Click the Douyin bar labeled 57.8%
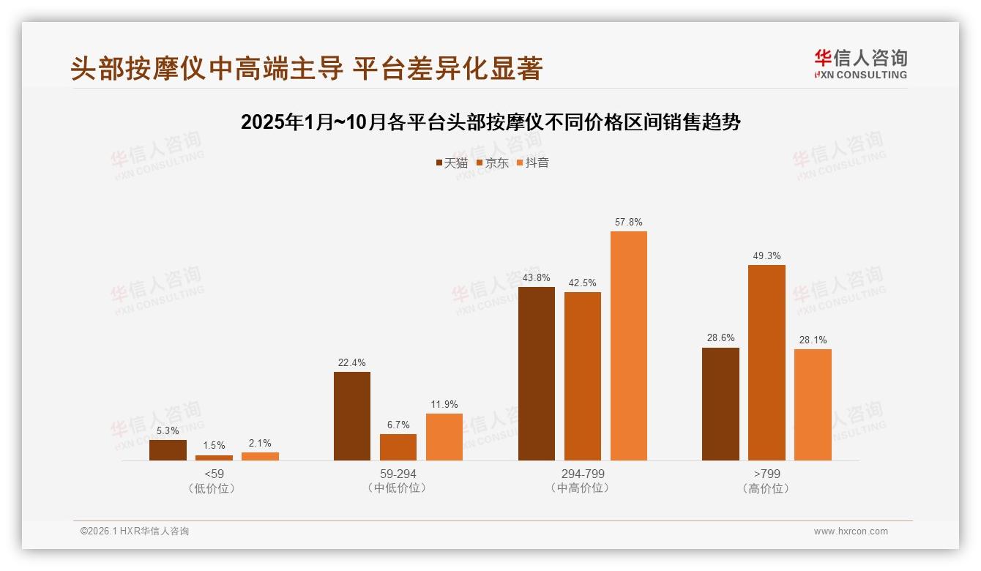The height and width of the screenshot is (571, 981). (629, 346)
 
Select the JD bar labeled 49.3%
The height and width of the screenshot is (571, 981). (766, 362)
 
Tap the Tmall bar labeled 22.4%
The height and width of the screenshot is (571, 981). (352, 416)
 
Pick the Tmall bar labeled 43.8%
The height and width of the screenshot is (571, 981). (537, 373)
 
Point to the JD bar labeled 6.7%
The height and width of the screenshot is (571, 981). (398, 447)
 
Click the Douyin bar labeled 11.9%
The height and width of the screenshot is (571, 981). (444, 437)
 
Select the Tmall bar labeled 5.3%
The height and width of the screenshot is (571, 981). (168, 450)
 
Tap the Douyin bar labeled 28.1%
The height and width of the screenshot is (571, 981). (813, 405)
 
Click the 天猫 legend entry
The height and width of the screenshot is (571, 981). (452, 163)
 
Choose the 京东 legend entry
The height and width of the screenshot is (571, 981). (493, 163)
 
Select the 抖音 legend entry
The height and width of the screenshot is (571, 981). (533, 163)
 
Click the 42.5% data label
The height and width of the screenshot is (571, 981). (583, 283)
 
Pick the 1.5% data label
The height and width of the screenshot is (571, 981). (214, 445)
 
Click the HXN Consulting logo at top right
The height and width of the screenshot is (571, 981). (860, 64)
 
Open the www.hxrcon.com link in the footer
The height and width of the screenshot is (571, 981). (851, 531)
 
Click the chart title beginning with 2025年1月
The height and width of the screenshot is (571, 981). (490, 122)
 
